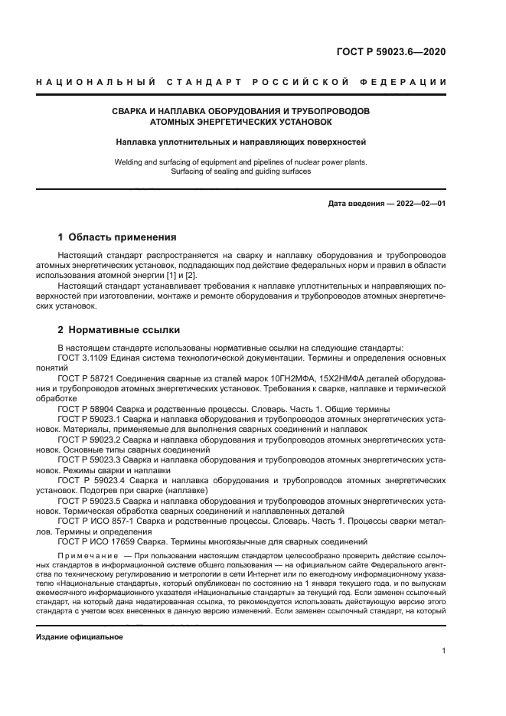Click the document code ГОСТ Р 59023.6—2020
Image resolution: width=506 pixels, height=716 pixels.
pyautogui.click(x=390, y=53)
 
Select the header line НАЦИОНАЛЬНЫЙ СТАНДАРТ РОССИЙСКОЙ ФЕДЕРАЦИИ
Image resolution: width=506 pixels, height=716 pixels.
pyautogui.click(x=241, y=82)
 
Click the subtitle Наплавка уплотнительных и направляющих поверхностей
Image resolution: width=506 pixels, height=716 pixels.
pyautogui.click(x=241, y=142)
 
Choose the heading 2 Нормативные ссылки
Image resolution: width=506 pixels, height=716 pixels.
pyautogui.click(x=119, y=330)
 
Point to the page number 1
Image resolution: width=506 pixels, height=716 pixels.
pyautogui.click(x=443, y=651)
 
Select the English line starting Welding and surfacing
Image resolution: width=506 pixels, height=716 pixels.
pyautogui.click(x=241, y=162)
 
